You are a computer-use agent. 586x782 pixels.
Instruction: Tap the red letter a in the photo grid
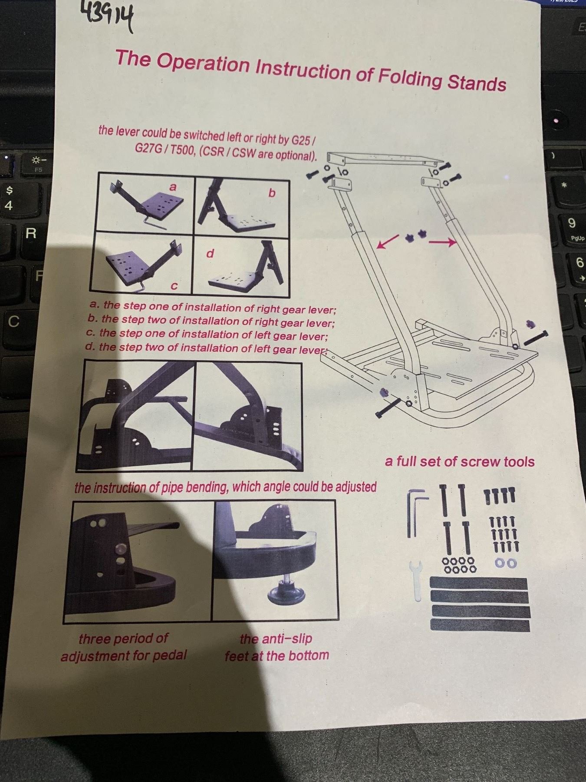coord(173,187)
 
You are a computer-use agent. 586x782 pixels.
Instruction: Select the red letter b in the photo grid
coord(272,192)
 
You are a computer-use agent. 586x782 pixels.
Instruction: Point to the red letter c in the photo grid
coord(174,286)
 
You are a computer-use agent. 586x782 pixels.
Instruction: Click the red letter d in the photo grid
coord(210,253)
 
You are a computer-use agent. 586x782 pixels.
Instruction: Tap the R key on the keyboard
coord(31,233)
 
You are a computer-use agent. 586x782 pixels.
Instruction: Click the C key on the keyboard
coord(14,321)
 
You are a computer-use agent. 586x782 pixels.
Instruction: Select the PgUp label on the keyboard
coord(577,238)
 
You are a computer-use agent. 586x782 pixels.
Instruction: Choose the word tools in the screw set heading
coord(519,461)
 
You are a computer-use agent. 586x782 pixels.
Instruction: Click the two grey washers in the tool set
coord(506,563)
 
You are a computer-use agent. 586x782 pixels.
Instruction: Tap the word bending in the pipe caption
coord(202,487)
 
